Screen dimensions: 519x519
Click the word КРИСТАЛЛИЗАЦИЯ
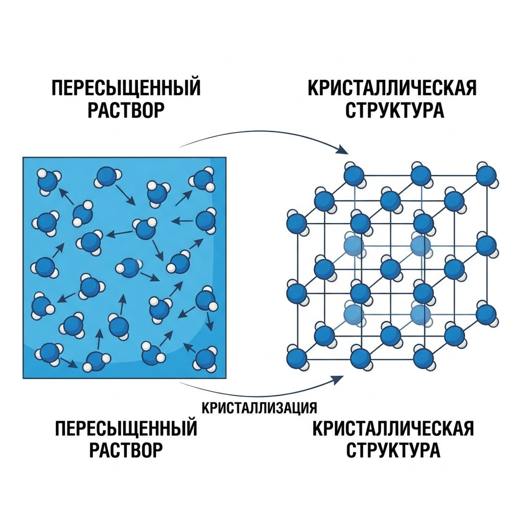259,408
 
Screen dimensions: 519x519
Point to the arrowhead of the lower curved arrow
338,380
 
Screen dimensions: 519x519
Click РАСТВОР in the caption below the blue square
126,449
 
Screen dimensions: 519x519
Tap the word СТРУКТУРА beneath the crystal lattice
393,449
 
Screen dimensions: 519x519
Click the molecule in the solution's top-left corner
48,181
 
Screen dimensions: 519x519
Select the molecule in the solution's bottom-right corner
205,359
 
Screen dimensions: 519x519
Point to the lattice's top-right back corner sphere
487,175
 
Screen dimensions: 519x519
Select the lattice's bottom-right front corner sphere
424,358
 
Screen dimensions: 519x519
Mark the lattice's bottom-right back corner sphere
487,313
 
